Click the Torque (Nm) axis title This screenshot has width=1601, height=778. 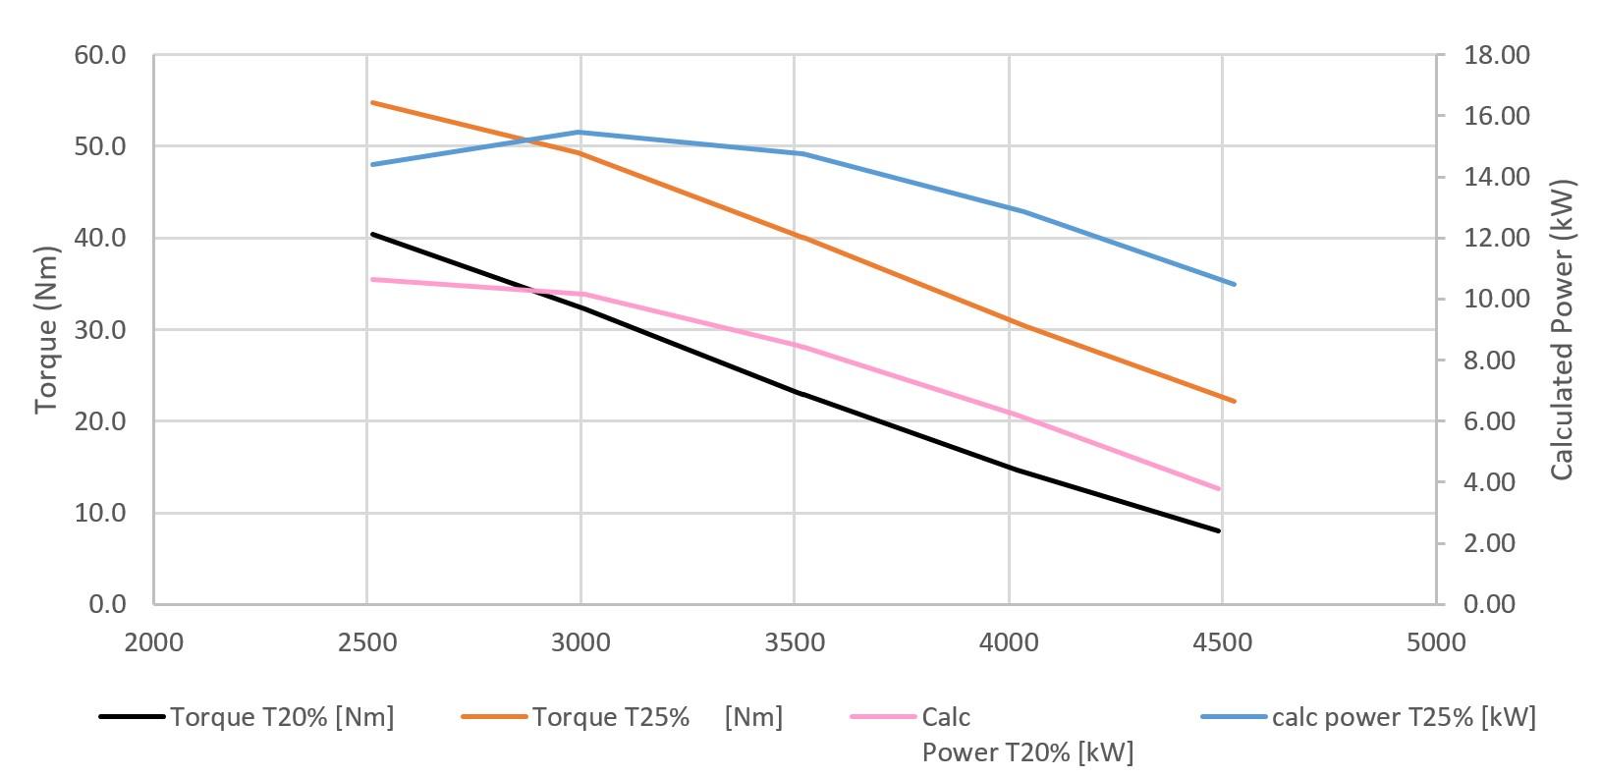[46, 330]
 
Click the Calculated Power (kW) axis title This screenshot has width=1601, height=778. [1562, 330]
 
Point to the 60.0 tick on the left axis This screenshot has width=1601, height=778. [100, 55]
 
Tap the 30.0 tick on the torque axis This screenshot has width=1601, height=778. [100, 330]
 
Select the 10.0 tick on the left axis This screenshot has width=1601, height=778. [100, 513]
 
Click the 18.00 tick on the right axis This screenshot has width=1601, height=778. [1496, 55]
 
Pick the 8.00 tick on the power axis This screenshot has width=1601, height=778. [1496, 361]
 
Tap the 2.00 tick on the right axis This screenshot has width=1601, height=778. [1496, 543]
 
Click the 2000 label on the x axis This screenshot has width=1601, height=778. [154, 642]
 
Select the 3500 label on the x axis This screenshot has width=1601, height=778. [796, 642]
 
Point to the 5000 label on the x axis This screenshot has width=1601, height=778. [1436, 642]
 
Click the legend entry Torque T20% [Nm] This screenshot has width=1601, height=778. [282, 717]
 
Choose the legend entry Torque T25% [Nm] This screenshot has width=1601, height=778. [657, 717]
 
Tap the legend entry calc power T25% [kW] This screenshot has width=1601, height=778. [1403, 717]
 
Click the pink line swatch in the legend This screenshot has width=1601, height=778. [882, 717]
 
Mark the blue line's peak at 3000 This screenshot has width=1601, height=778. [580, 132]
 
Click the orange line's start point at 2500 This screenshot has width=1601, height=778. [371, 102]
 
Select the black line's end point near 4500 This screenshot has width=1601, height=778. [1219, 531]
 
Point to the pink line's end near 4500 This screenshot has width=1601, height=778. [1220, 489]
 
